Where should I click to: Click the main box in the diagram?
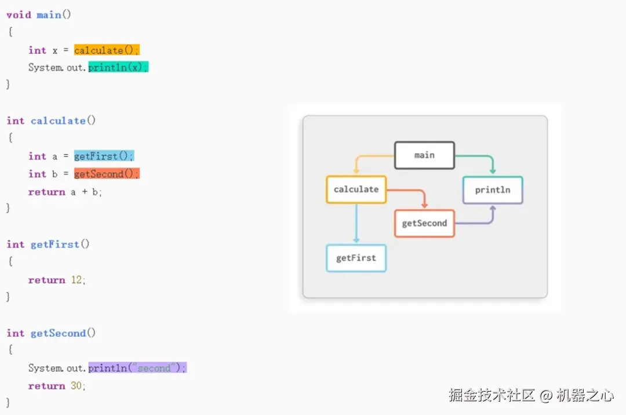click(424, 155)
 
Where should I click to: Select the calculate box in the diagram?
click(356, 190)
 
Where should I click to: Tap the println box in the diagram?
click(493, 190)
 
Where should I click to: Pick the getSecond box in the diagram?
click(424, 224)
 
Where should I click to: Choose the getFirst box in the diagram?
click(356, 258)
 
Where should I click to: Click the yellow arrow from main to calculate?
click(371, 156)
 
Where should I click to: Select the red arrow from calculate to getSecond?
click(409, 191)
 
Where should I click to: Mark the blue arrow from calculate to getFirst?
click(356, 223)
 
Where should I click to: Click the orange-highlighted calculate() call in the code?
click(107, 50)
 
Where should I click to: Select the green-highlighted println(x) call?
click(118, 67)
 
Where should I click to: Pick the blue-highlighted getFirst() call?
click(104, 156)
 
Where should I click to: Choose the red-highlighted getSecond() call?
click(107, 174)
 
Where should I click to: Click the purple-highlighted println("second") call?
click(137, 368)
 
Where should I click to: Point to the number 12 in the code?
click(77, 280)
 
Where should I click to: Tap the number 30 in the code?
click(77, 386)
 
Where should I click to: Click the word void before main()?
click(19, 14)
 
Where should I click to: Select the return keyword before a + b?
click(46, 192)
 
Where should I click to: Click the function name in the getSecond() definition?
click(58, 333)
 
